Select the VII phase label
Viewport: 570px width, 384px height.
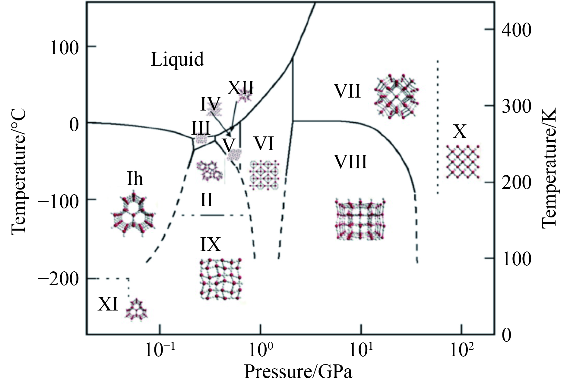[x=347, y=91]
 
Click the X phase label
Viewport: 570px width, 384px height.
[x=460, y=132]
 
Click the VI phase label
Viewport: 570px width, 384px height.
[x=264, y=143]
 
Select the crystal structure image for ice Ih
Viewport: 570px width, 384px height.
[x=134, y=214]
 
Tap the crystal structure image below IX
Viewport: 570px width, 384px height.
[x=221, y=279]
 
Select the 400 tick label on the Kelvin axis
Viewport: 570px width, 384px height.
[x=516, y=30]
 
